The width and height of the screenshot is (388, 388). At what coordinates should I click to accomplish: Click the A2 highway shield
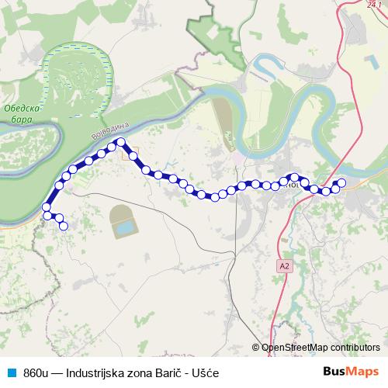coord(286,265)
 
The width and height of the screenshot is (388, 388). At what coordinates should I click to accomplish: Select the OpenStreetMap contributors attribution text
coord(320,348)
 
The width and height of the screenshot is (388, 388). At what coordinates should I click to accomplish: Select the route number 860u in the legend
coord(37,372)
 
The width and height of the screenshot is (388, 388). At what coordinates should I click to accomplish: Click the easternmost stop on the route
coord(341,183)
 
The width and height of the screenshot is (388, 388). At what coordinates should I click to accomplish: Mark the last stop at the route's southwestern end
coord(64,226)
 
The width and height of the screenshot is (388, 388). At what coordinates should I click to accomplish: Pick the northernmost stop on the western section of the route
coord(121,141)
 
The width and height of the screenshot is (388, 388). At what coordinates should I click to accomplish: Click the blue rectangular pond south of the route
coord(123,229)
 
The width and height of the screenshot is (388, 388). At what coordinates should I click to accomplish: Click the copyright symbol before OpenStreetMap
coord(256,348)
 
